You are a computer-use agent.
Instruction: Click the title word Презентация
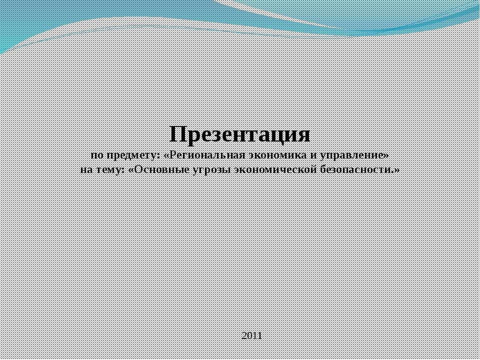(240, 134)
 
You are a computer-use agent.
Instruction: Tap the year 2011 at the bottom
(251, 335)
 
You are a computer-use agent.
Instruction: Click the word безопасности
(355, 169)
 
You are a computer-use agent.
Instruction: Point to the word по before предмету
(96, 155)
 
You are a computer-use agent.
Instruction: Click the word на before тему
(86, 169)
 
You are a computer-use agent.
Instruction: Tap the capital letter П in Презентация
(177, 134)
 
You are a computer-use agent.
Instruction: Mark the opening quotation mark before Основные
(131, 169)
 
